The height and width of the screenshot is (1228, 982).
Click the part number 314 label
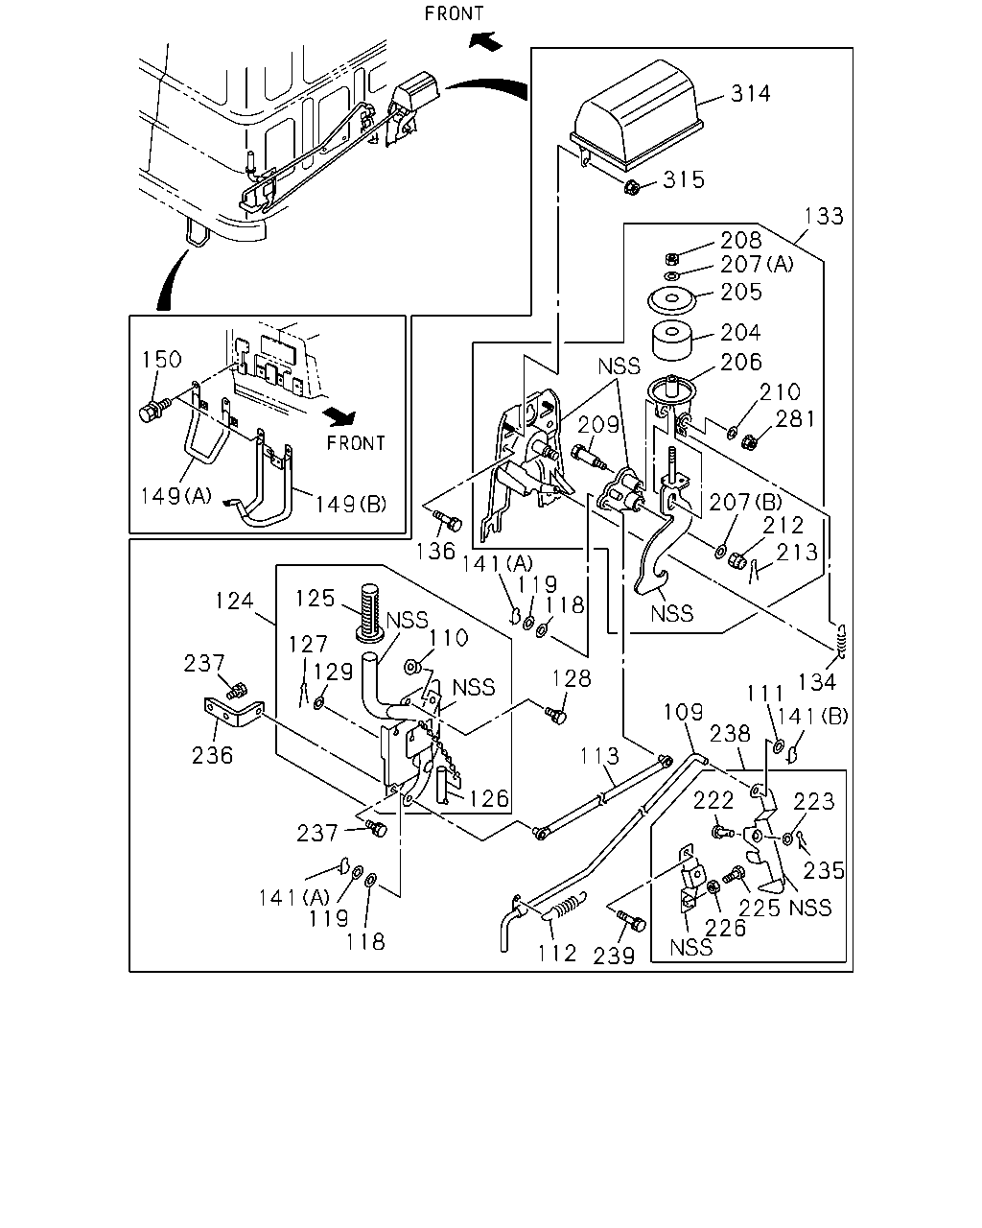coord(750,94)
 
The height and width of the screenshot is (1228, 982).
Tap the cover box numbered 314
coord(636,115)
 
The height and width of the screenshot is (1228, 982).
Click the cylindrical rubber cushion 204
coord(672,341)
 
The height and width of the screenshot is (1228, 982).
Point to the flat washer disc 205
coord(671,301)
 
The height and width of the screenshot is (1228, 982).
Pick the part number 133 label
coord(824,217)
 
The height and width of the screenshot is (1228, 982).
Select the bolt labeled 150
coord(152,411)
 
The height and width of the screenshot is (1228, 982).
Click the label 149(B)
coord(351,505)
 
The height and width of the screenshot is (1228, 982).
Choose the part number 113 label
coord(599,756)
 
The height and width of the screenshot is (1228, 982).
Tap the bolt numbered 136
coord(448,520)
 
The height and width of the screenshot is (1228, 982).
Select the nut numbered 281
coord(750,441)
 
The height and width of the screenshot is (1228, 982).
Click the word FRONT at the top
coord(455,13)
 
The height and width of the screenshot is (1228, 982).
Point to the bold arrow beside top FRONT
coord(485,41)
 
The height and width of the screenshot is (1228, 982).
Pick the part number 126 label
coord(489,799)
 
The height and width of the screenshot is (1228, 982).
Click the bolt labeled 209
coord(590,458)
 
